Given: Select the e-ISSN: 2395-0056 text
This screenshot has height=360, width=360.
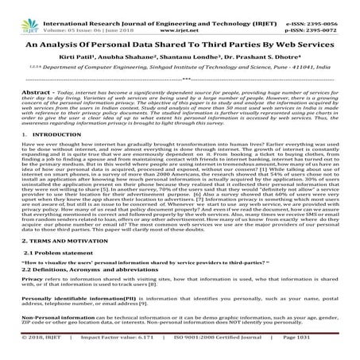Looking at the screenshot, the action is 325,5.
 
